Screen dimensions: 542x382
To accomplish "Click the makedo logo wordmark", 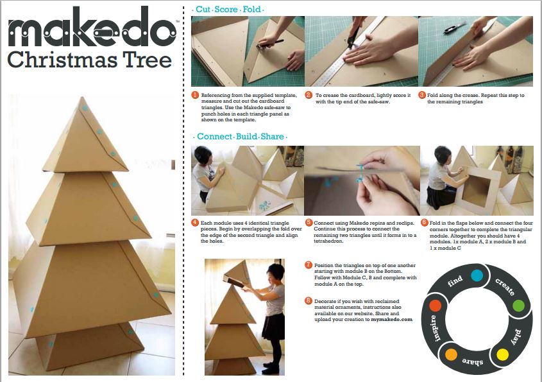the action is click(92, 27).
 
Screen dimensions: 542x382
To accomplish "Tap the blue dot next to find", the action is click(477, 276).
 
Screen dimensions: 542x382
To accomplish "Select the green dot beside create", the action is click(518, 306).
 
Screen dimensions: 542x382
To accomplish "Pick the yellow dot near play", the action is click(503, 354).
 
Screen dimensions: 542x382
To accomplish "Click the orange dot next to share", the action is click(451, 354).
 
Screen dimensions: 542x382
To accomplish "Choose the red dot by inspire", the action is click(435, 306).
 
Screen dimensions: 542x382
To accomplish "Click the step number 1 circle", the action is click(195, 95).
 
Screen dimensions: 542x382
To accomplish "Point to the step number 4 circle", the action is click(195, 223).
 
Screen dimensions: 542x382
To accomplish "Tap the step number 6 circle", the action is click(425, 223).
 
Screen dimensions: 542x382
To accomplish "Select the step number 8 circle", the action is click(309, 300).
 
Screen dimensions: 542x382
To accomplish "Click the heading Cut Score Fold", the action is click(228, 10).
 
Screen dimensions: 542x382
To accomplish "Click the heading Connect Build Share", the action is click(241, 136).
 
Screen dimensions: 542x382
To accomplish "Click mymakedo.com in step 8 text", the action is click(392, 319).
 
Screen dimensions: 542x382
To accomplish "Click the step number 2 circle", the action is click(309, 95).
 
